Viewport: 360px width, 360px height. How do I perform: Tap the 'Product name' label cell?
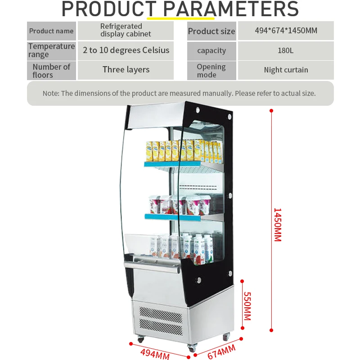click(51, 31)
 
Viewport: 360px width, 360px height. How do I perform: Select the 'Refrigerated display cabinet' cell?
click(126, 30)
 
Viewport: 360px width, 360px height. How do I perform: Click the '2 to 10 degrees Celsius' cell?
click(126, 50)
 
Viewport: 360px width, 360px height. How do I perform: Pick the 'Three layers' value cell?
click(126, 70)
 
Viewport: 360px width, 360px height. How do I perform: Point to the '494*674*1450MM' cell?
click(285, 31)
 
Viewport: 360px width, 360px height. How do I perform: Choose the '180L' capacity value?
click(285, 50)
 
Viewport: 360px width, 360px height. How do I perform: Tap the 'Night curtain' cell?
click(286, 70)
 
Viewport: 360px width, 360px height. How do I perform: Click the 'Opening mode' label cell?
click(211, 70)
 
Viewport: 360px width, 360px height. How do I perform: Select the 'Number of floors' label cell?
click(51, 71)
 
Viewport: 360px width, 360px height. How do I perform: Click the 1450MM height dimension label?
click(277, 225)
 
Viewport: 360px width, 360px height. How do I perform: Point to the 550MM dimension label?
click(247, 306)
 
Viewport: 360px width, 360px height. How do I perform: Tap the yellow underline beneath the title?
click(180, 19)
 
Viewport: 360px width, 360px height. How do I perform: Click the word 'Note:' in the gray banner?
click(51, 94)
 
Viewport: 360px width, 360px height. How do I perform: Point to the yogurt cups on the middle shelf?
click(180, 205)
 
